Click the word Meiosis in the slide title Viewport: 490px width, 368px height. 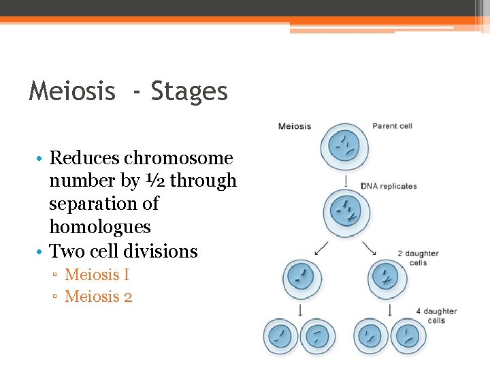72,91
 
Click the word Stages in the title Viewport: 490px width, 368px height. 189,91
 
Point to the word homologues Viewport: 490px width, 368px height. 100,226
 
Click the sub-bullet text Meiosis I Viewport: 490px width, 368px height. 97,275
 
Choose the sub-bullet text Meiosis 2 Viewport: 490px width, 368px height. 98,296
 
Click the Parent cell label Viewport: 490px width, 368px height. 392,126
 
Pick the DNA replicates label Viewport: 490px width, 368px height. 389,186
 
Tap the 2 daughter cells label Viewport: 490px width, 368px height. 418,258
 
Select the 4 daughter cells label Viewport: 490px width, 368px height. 436,316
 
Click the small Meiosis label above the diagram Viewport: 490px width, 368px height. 295,126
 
